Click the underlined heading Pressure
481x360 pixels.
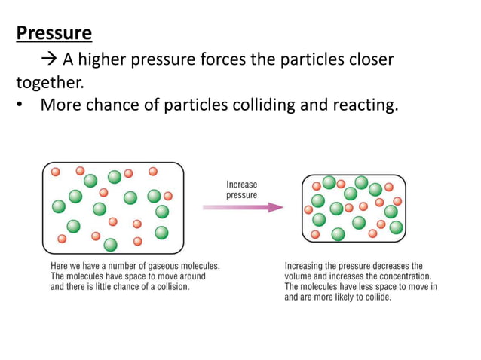pyautogui.click(x=54, y=33)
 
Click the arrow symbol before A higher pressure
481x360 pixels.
pyautogui.click(x=50, y=59)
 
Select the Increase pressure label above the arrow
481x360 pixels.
pyautogui.click(x=242, y=190)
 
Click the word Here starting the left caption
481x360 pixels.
pyautogui.click(x=60, y=266)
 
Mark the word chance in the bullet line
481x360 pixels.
pyautogui.click(x=109, y=105)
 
